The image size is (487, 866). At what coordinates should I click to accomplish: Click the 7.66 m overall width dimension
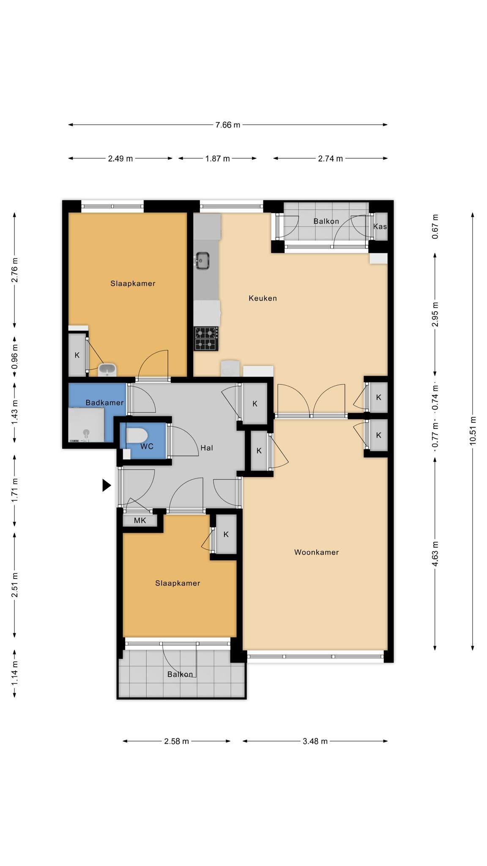228,125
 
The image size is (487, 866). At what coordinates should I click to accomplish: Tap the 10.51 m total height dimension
473,431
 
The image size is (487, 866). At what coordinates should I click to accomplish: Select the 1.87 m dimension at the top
217,159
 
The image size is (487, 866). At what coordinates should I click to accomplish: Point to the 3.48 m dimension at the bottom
315,741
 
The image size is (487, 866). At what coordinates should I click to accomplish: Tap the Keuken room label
263,298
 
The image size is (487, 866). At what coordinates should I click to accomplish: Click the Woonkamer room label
317,552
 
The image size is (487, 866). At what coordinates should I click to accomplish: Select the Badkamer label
104,403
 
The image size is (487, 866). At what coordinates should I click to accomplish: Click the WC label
147,446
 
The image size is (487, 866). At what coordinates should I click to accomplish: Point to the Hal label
207,448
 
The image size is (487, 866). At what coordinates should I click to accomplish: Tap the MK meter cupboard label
140,521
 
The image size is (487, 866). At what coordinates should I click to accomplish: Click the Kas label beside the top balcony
380,226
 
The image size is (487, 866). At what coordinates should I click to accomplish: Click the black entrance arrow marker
107,485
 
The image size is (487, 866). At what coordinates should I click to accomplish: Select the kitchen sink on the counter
203,260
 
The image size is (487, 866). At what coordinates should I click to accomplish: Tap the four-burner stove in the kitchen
206,339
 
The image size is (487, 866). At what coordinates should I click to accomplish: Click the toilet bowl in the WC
137,435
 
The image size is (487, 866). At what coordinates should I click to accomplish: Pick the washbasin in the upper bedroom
107,370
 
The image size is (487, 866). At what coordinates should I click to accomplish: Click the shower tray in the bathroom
86,425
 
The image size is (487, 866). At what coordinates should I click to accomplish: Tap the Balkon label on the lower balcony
180,674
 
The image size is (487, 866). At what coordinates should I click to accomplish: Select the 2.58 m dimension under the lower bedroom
177,741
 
